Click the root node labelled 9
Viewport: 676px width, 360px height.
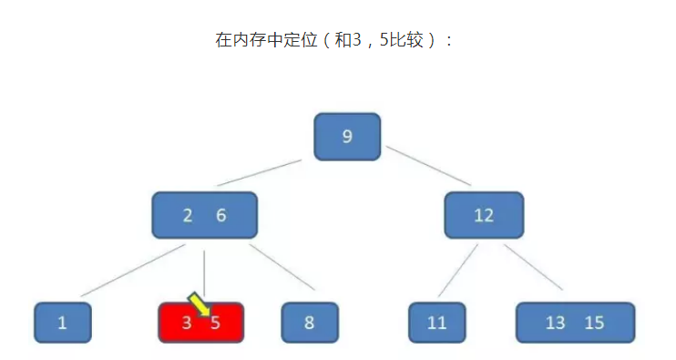click(x=347, y=137)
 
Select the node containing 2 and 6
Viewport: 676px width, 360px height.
click(x=205, y=216)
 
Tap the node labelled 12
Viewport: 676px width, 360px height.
click(x=484, y=216)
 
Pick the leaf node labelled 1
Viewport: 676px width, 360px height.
click(x=63, y=323)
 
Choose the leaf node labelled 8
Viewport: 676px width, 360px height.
click(x=310, y=323)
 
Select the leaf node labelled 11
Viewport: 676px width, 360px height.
click(x=438, y=323)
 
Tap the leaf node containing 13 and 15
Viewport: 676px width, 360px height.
click(x=575, y=323)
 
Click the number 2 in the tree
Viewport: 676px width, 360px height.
click(x=188, y=216)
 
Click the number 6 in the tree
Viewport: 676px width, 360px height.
click(x=220, y=216)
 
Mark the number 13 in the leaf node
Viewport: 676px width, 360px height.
click(x=555, y=323)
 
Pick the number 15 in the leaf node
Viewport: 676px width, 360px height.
click(x=594, y=323)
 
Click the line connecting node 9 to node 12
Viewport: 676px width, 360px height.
click(x=429, y=166)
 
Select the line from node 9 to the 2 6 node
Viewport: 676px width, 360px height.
click(x=260, y=172)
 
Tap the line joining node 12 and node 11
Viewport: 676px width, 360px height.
click(x=457, y=271)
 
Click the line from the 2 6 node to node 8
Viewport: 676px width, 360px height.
click(x=282, y=267)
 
